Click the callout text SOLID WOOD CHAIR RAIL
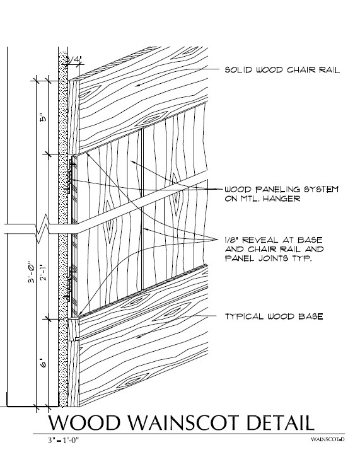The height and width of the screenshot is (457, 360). tap(282, 70)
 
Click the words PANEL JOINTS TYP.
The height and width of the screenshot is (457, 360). tap(268, 258)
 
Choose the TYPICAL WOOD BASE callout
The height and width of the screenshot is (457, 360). tap(274, 316)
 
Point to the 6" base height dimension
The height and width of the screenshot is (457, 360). tap(43, 364)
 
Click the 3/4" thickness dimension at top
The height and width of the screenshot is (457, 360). tap(73, 59)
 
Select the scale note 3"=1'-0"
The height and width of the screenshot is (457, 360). tap(63, 440)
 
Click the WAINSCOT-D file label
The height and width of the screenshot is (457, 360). tap(328, 439)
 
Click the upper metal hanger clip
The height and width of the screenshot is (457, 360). tap(71, 175)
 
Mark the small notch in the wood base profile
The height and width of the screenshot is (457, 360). tap(76, 339)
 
